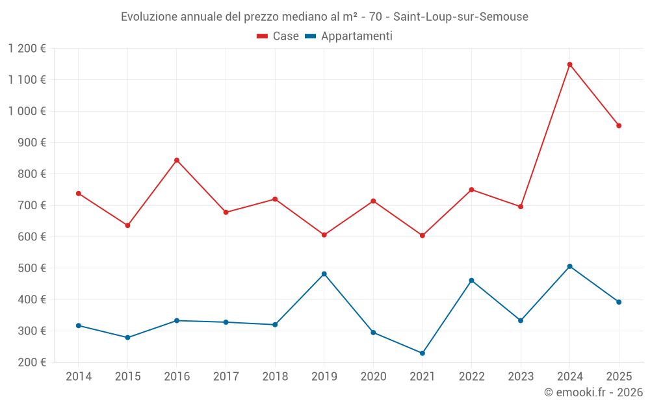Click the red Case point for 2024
[569, 64]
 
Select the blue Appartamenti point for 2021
[422, 353]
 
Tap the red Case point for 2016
[177, 160]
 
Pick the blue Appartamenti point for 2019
[324, 274]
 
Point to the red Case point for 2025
[619, 126]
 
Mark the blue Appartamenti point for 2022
[471, 281]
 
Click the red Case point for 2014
[79, 194]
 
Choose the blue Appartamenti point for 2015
[127, 338]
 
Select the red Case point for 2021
[422, 236]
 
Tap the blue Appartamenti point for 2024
[569, 266]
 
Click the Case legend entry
[278, 36]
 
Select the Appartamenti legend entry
[349, 36]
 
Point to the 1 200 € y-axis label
[27, 48]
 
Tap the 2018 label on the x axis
[275, 377]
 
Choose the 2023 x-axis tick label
[521, 377]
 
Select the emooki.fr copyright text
[593, 392]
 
